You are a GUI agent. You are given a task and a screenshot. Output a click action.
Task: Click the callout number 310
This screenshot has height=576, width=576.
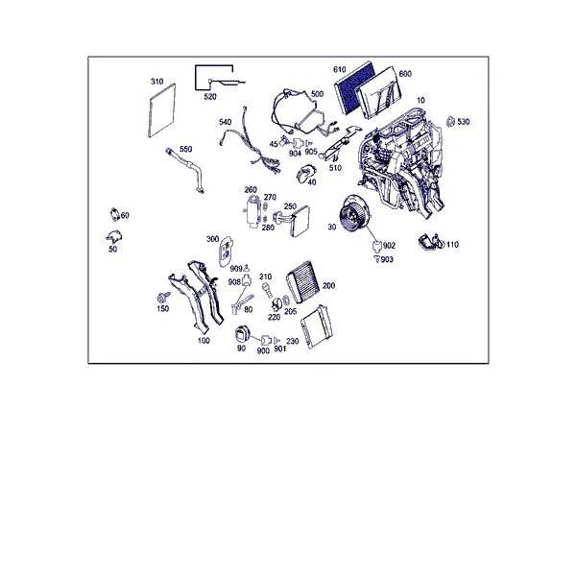click(156, 82)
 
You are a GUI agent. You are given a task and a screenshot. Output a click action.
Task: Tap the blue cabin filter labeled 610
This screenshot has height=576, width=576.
click(353, 87)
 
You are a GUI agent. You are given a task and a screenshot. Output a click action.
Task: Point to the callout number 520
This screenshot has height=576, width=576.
click(210, 97)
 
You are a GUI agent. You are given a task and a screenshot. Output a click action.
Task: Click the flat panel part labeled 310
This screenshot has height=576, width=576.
click(161, 111)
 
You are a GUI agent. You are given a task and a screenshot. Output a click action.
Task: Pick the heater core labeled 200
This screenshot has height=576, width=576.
click(303, 282)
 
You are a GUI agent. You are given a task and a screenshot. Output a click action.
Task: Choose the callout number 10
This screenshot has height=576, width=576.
click(421, 100)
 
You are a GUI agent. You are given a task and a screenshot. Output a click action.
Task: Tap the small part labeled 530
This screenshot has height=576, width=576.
click(450, 121)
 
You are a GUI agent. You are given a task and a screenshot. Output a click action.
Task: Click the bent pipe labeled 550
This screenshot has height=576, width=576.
click(185, 169)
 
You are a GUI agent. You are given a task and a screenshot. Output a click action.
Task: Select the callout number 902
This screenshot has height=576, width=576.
click(389, 246)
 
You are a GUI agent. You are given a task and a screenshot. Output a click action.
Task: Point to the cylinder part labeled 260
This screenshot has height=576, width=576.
click(252, 212)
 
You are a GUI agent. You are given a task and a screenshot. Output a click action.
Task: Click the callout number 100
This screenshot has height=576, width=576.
click(204, 341)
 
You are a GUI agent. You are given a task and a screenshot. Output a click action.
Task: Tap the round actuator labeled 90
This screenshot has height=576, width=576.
click(242, 335)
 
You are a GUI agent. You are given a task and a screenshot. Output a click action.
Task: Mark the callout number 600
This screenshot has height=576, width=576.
click(405, 74)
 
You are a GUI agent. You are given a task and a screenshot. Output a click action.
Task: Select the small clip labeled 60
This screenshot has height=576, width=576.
click(114, 214)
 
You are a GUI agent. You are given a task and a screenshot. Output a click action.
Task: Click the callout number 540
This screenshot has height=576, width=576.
click(226, 122)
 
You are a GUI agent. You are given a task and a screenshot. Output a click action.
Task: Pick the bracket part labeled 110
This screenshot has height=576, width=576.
click(431, 242)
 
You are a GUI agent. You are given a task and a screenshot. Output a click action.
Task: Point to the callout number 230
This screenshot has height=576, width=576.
click(293, 341)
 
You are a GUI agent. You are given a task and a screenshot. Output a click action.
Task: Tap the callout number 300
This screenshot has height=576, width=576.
click(213, 239)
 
